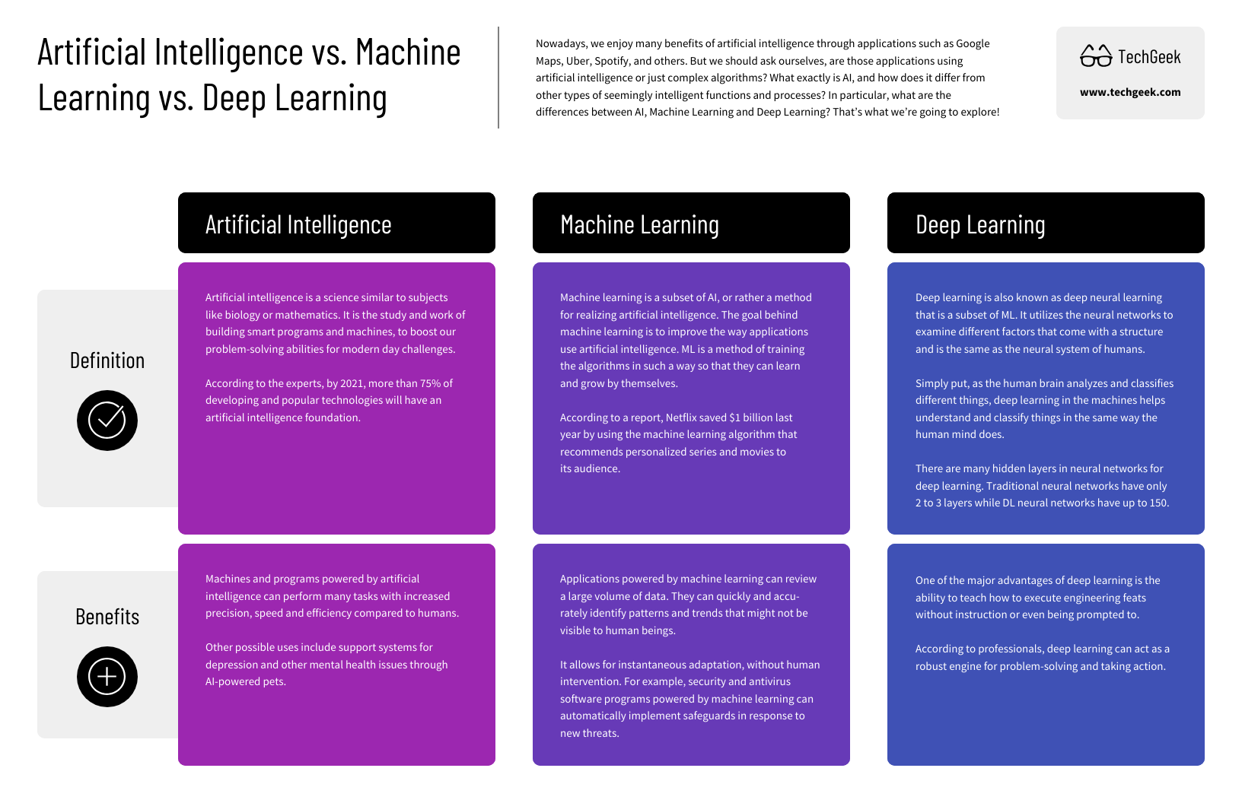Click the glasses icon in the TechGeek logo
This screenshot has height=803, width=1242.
1096,56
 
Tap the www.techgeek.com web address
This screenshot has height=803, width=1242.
1130,92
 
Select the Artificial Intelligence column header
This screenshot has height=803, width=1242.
298,224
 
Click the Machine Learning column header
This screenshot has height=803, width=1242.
639,224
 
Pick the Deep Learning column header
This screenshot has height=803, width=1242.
980,224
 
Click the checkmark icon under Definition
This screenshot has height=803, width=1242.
107,421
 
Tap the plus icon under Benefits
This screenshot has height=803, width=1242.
107,677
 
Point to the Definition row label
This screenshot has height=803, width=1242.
107,360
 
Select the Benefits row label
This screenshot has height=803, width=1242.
107,617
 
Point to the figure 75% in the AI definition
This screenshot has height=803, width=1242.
431,383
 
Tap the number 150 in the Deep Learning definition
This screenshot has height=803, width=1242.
1158,503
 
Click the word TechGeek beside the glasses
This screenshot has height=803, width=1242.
1149,57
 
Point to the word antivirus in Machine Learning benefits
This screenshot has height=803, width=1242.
768,681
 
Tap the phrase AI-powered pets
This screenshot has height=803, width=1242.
245,681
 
